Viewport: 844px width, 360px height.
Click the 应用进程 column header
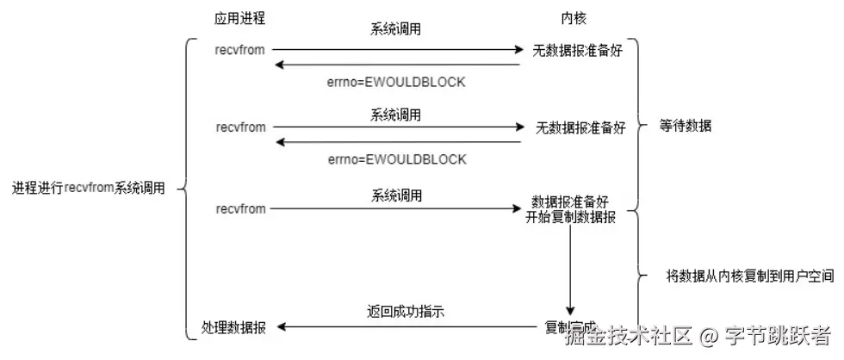point(239,19)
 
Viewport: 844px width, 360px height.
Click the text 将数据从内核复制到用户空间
point(749,276)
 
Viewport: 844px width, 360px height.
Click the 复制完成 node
point(570,327)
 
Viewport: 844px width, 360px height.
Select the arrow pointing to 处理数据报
point(405,327)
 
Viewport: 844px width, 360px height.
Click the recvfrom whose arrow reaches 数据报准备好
point(240,208)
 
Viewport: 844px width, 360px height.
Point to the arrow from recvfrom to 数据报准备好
point(396,209)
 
